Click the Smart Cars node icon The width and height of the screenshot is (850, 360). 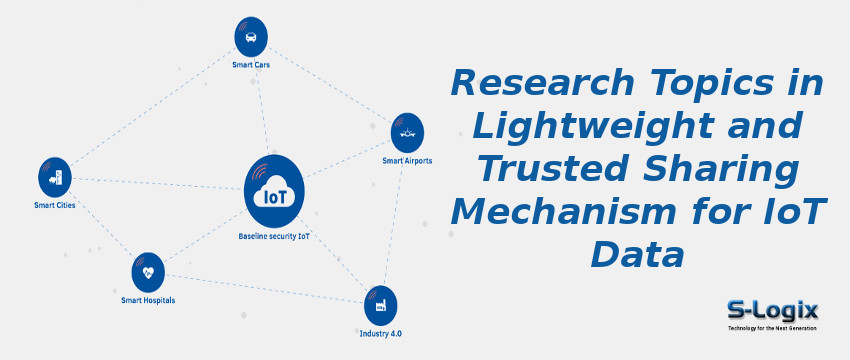tap(250, 37)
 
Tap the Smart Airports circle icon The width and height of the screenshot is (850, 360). tap(407, 132)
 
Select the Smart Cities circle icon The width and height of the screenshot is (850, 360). tap(55, 177)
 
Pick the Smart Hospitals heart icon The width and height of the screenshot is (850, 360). tap(148, 271)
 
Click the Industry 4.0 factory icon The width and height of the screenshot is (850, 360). tap(380, 304)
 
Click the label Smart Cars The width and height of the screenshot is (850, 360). tap(250, 65)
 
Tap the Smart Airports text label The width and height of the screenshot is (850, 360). tap(407, 160)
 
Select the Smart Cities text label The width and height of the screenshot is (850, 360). tap(54, 206)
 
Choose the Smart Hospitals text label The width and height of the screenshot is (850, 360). tap(148, 299)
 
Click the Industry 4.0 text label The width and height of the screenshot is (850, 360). tap(380, 332)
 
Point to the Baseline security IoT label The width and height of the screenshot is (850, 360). tap(274, 237)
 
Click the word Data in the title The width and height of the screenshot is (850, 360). tap(637, 254)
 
